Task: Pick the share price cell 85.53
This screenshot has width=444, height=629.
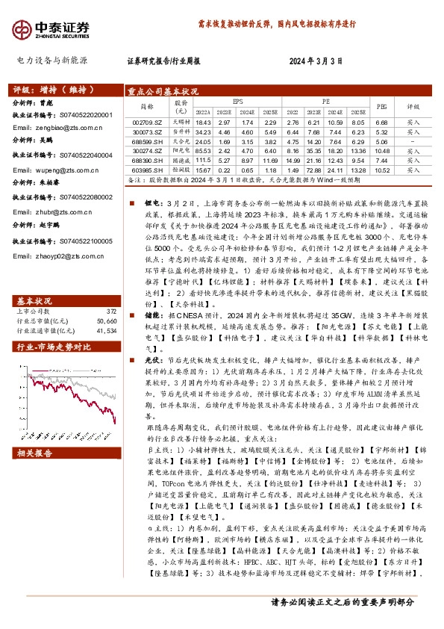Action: pyautogui.click(x=201, y=150)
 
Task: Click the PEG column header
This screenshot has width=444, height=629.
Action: pyautogui.click(x=381, y=105)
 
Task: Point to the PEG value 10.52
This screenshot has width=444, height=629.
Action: pyautogui.click(x=381, y=170)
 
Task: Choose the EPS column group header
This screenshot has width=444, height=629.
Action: pyautogui.click(x=237, y=99)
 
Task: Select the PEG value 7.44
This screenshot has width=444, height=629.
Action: pyautogui.click(x=381, y=160)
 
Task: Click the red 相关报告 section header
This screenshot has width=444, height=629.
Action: pyautogui.click(x=34, y=453)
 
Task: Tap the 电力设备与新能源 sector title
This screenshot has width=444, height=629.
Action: pyautogui.click(x=52, y=61)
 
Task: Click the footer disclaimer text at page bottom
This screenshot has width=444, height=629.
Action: pyautogui.click(x=343, y=602)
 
